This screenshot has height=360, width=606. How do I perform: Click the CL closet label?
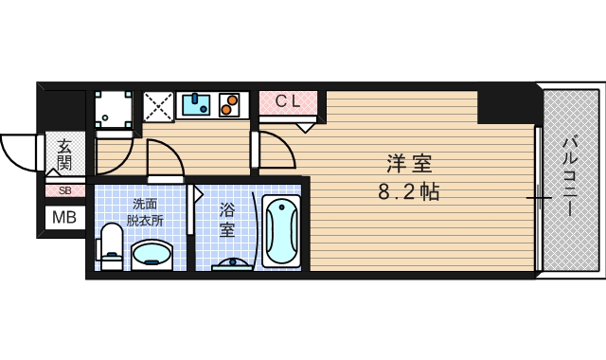pos(288,99)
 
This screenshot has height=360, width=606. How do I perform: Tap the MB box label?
pos(65,218)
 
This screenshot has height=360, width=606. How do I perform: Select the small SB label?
pos(65,190)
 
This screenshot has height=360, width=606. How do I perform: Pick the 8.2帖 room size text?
pos(408,192)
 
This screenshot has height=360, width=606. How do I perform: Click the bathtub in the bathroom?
pos(281,231)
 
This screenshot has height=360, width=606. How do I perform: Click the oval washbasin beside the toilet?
pos(151,255)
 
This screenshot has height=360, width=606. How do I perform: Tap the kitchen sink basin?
pos(196,103)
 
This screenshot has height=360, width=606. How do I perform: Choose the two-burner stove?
pos(230,103)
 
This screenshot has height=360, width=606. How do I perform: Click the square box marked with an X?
pos(157,105)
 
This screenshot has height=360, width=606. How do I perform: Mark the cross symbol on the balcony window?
pos(538,199)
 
